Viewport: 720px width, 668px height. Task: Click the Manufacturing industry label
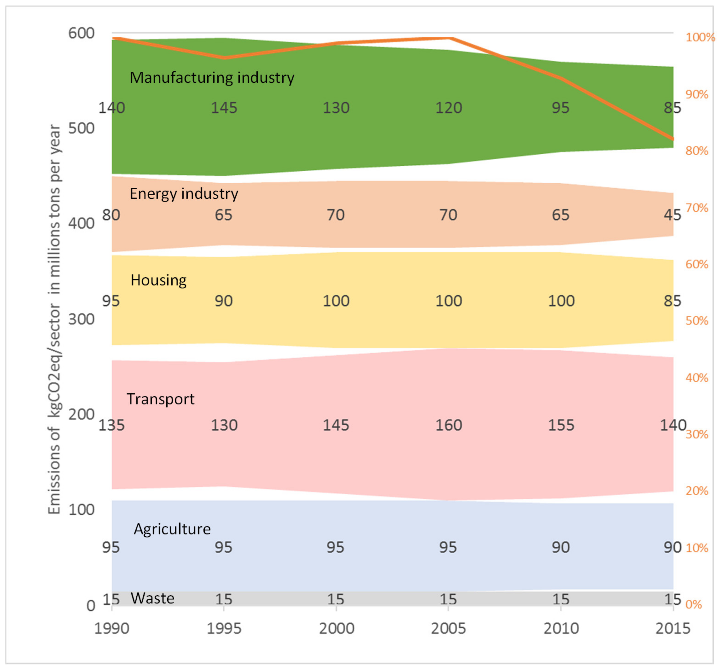pyautogui.click(x=212, y=78)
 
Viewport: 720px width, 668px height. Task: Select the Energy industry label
pyautogui.click(x=184, y=194)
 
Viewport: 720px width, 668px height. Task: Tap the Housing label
pyautogui.click(x=159, y=280)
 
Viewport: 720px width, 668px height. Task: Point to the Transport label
pyautogui.click(x=160, y=399)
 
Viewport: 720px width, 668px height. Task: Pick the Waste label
pyautogui.click(x=152, y=598)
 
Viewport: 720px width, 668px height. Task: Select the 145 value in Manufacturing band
pyautogui.click(x=224, y=108)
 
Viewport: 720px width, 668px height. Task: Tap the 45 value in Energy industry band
pyautogui.click(x=672, y=215)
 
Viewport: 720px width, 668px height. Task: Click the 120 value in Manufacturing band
pyautogui.click(x=448, y=108)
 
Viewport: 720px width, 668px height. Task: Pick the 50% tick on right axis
pyautogui.click(x=697, y=321)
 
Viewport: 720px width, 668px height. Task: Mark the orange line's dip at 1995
pyautogui.click(x=224, y=58)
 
